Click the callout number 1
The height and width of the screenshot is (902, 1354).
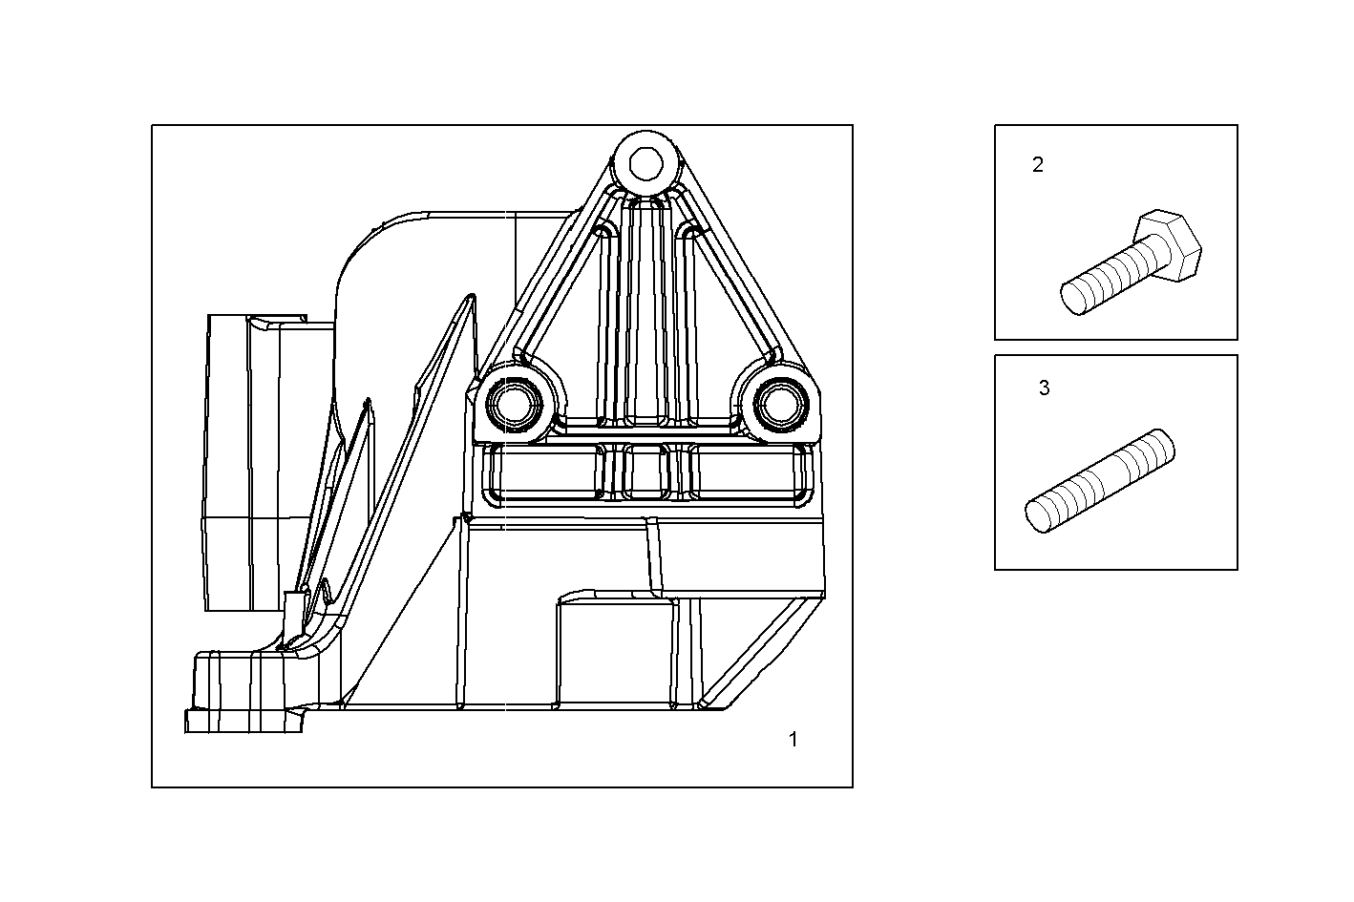pyautogui.click(x=793, y=739)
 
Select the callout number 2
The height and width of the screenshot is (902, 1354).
pyautogui.click(x=1038, y=164)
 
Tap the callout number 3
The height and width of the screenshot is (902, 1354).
pyautogui.click(x=1044, y=388)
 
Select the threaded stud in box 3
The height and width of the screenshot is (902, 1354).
pyautogui.click(x=1101, y=481)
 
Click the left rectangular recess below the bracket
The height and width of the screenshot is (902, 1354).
pyautogui.click(x=545, y=472)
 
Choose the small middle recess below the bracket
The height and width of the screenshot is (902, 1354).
pyautogui.click(x=646, y=472)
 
